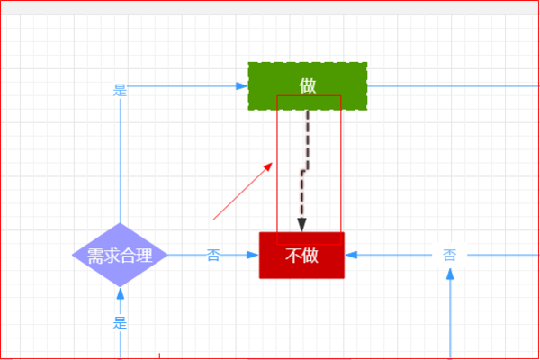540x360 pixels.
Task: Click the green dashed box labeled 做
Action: [308, 86]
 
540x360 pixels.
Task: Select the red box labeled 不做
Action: [301, 256]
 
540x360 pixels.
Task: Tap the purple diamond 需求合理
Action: [120, 255]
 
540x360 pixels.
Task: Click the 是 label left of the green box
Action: [121, 90]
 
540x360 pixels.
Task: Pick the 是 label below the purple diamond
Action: [121, 323]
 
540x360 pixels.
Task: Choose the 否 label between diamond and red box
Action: [213, 256]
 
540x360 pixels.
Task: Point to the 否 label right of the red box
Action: [449, 256]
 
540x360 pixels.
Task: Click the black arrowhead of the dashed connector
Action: [302, 225]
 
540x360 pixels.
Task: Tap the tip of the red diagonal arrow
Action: [273, 163]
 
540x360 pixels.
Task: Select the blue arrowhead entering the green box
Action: [242, 86]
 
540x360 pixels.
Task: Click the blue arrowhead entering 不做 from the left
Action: [253, 256]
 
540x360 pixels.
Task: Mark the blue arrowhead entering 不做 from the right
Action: [351, 256]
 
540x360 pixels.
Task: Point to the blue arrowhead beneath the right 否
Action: [450, 274]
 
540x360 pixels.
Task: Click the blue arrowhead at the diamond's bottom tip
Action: [121, 293]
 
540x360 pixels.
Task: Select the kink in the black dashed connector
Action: [305, 170]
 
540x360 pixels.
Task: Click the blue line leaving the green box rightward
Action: [454, 86]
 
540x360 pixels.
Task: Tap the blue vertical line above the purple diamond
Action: [121, 160]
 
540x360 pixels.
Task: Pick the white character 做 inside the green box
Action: [308, 85]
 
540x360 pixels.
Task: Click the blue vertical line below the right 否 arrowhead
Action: [450, 319]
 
